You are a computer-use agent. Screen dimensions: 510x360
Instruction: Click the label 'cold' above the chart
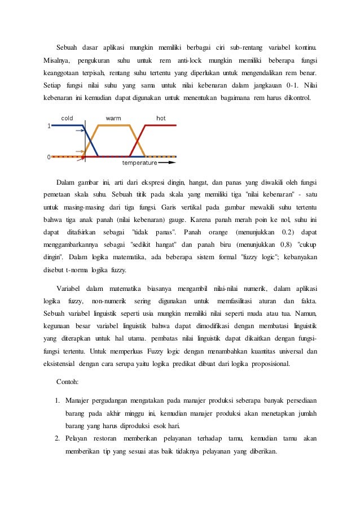pyautogui.click(x=67, y=119)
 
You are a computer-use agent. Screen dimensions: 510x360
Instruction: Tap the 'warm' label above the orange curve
pyautogui.click(x=113, y=119)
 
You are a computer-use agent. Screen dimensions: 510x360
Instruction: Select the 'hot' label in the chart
pyautogui.click(x=161, y=119)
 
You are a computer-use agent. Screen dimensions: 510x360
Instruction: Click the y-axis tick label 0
pyautogui.click(x=49, y=156)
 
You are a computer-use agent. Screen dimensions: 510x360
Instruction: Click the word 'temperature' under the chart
pyautogui.click(x=139, y=163)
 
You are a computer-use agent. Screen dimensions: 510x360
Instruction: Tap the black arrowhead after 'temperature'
pyautogui.click(x=172, y=163)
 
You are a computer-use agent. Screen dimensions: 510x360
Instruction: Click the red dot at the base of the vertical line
pyautogui.click(x=84, y=156)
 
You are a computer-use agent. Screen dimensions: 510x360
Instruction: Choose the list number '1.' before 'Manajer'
pyautogui.click(x=58, y=401)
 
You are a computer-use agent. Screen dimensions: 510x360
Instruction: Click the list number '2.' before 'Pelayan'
pyautogui.click(x=58, y=438)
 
